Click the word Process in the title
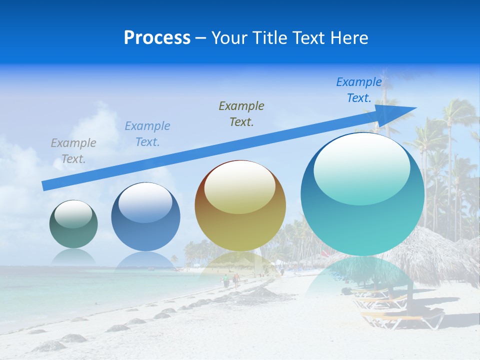click(157, 38)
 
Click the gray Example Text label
click(73, 150)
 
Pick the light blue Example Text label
click(147, 133)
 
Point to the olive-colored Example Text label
click(241, 113)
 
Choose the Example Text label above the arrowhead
click(359, 90)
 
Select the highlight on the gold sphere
click(239, 187)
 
